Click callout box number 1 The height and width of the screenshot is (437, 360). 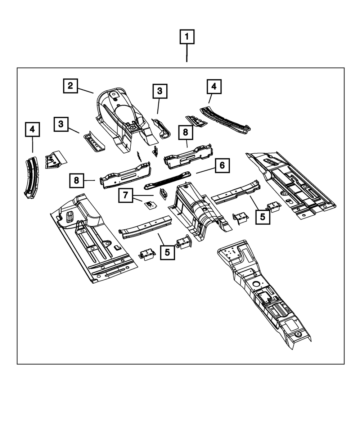(x=187, y=37)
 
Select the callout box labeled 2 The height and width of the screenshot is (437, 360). (x=70, y=86)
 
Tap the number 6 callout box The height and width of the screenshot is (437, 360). (x=222, y=166)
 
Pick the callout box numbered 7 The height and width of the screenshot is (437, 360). (x=125, y=195)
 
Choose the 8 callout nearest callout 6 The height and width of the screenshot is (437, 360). (x=185, y=132)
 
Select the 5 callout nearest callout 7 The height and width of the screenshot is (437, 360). (x=167, y=252)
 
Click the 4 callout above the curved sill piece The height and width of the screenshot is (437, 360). (x=32, y=129)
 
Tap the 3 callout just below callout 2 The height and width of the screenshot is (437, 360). (x=61, y=124)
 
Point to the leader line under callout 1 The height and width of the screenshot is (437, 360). (x=187, y=53)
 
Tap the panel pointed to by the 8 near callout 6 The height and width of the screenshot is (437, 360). (x=188, y=155)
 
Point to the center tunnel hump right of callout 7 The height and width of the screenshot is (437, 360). (x=198, y=209)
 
